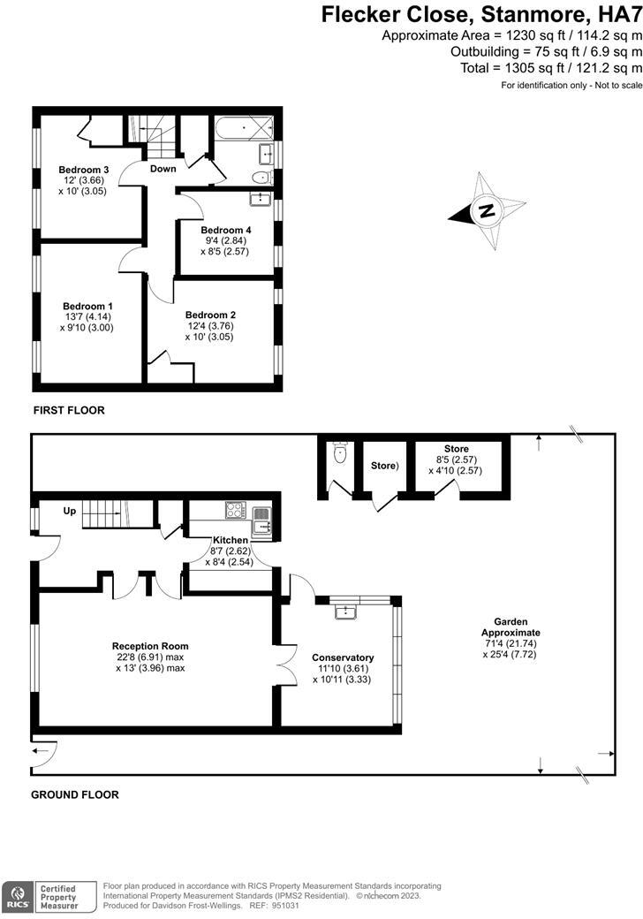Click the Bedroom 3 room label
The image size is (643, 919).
point(83,170)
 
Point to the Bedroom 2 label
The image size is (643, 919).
point(210,315)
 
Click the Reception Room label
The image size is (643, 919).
point(150,646)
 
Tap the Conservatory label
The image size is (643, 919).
point(343,657)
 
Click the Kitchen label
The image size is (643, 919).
point(230,540)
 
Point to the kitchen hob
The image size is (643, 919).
point(236,510)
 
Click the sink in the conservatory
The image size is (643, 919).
point(344,612)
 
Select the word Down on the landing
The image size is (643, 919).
point(163,169)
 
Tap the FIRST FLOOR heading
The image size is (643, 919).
point(69,410)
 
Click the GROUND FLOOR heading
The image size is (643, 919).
point(75,794)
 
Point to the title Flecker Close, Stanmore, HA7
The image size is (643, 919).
point(480,14)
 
